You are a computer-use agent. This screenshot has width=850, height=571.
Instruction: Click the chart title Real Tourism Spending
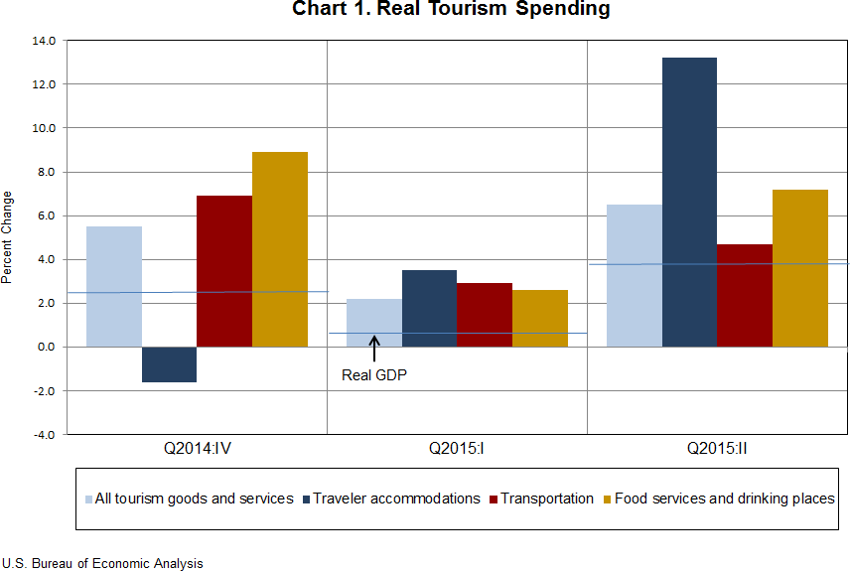tap(451, 10)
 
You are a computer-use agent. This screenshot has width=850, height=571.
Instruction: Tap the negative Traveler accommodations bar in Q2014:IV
tap(169, 364)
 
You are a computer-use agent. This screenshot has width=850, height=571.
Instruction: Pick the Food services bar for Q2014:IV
tap(280, 249)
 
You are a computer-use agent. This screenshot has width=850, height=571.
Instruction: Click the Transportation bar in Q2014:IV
tap(224, 271)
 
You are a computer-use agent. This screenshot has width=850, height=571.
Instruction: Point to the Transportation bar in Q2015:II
tap(744, 295)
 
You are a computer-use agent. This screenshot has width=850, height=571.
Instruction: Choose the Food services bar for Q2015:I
tap(540, 318)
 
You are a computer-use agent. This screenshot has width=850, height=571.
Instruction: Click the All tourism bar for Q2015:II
tap(634, 275)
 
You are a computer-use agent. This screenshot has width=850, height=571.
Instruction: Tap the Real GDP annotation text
tap(374, 375)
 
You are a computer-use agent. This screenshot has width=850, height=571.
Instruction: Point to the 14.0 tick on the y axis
tap(46, 41)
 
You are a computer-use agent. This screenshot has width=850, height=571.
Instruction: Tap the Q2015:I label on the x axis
tap(457, 448)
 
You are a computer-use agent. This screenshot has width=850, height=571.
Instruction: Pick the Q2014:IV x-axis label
tap(198, 448)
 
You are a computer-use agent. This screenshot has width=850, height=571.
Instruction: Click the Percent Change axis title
tap(8, 237)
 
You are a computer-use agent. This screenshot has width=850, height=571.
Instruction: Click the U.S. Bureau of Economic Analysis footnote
tap(102, 563)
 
